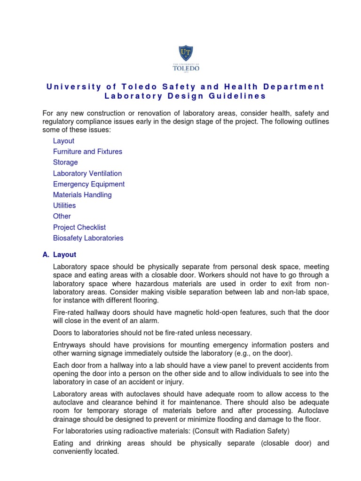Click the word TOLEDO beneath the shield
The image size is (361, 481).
186,68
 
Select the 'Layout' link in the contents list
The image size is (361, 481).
63,141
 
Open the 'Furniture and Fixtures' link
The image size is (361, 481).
87,152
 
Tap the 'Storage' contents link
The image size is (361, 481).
65,163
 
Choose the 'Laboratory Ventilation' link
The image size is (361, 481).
87,173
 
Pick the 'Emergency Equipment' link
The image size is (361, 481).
89,184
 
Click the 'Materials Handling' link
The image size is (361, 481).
82,195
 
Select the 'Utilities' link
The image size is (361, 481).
64,206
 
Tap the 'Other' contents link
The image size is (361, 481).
62,217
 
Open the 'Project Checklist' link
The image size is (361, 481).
79,227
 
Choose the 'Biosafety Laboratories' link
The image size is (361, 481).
88,238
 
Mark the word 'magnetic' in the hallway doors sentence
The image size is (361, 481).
193,313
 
